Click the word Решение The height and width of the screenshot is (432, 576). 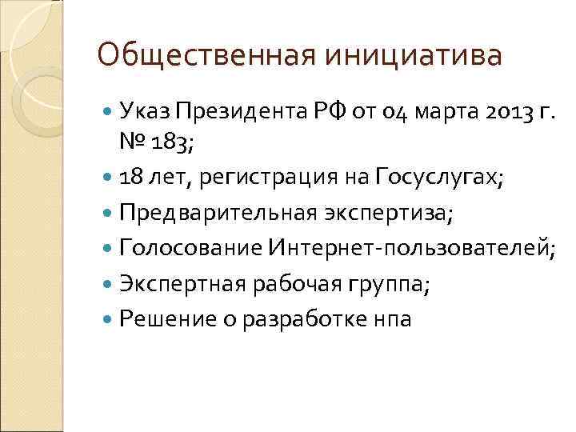point(166,319)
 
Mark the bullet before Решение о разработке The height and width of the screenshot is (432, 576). point(109,320)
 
